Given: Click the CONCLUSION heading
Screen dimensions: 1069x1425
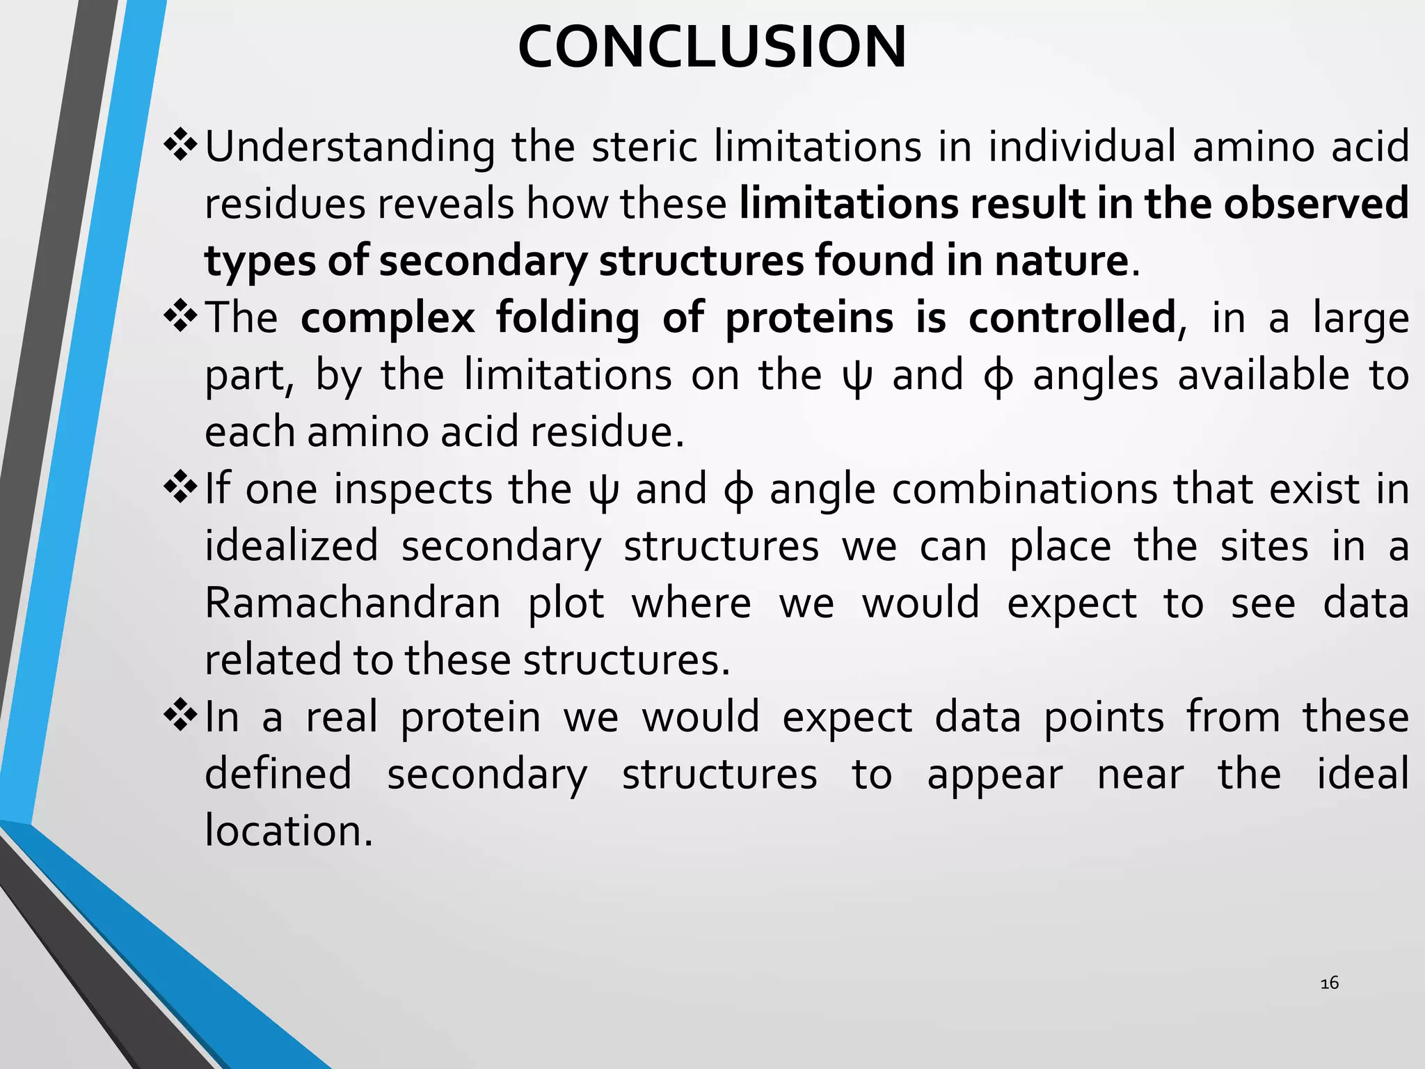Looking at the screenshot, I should click(x=712, y=47).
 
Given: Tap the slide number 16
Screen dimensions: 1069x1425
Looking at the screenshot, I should click(x=1329, y=983).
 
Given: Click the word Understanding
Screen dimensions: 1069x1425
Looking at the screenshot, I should click(x=350, y=148).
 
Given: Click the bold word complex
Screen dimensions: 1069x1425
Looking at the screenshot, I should click(x=388, y=319).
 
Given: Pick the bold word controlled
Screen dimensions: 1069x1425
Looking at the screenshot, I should click(x=1072, y=319).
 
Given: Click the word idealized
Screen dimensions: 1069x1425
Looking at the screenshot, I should click(x=292, y=546).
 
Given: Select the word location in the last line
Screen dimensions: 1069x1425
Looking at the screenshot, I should click(x=289, y=831).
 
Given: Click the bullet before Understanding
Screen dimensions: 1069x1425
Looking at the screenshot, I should click(x=181, y=145).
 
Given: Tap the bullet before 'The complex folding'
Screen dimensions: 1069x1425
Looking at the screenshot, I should click(x=181, y=317).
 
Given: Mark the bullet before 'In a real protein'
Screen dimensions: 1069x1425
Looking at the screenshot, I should click(x=181, y=715).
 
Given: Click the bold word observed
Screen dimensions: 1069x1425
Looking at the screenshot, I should click(x=1316, y=204).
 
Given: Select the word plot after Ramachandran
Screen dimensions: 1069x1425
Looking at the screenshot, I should click(x=566, y=604).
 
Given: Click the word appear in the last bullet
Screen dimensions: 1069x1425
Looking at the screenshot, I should click(x=995, y=775).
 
